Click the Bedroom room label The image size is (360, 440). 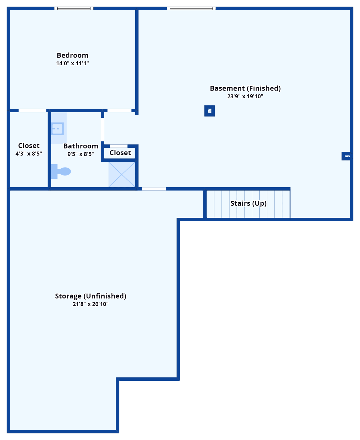coord(72,55)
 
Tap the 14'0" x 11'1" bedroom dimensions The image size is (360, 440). coord(72,63)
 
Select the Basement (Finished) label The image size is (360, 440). coord(245,88)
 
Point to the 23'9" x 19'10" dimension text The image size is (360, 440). coord(245,96)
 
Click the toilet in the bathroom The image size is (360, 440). coord(61,171)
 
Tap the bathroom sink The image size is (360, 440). coord(58,129)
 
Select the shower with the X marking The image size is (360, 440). coord(122,174)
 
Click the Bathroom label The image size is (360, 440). coord(81,146)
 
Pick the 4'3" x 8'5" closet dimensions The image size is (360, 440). coord(29,154)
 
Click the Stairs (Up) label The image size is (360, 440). coord(249,203)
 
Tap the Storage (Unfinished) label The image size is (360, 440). coord(91,296)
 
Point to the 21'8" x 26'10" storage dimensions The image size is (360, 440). coord(91,304)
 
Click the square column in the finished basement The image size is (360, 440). coord(210,111)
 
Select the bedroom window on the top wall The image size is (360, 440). coord(74,8)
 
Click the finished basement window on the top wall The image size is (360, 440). coord(191,8)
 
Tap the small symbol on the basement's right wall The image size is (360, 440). coord(347,156)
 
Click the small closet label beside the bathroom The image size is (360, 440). coord(120,153)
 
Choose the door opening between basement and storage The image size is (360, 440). coord(154,189)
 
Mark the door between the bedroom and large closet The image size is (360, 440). coord(32,111)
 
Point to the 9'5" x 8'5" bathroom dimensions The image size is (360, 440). coord(81,154)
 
